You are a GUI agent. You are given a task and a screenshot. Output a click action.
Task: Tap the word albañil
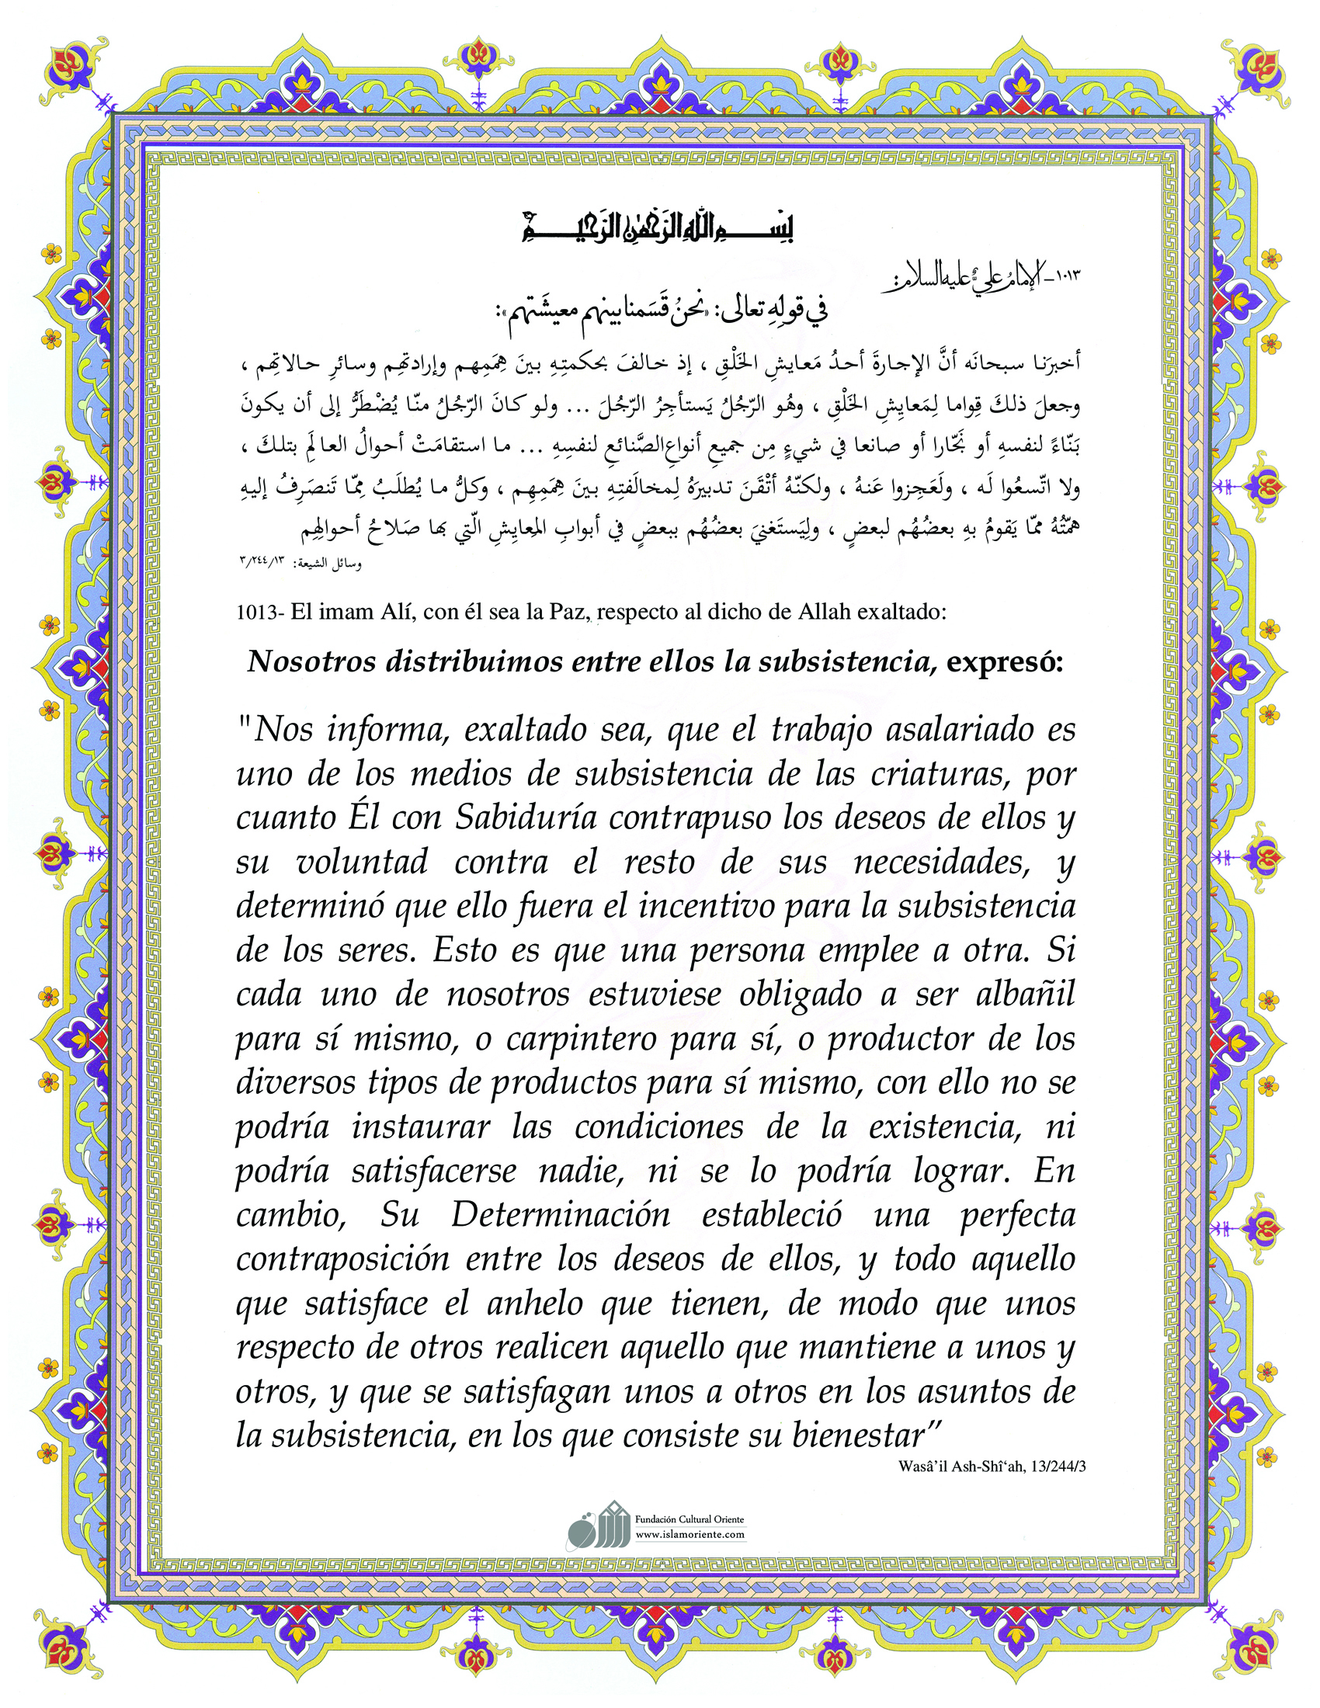(1026, 994)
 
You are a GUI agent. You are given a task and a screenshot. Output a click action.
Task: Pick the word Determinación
(560, 1214)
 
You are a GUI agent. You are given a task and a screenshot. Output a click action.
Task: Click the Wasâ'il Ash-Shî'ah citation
(992, 1467)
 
